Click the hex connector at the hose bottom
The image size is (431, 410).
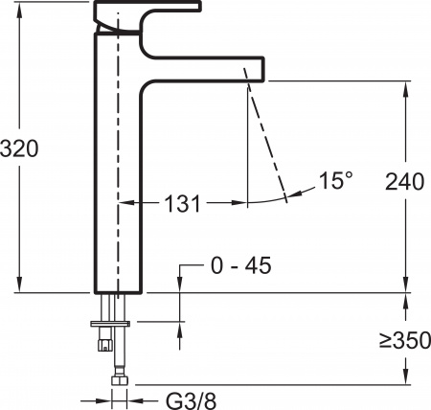point(120,382)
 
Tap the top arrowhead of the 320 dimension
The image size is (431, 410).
point(18,10)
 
